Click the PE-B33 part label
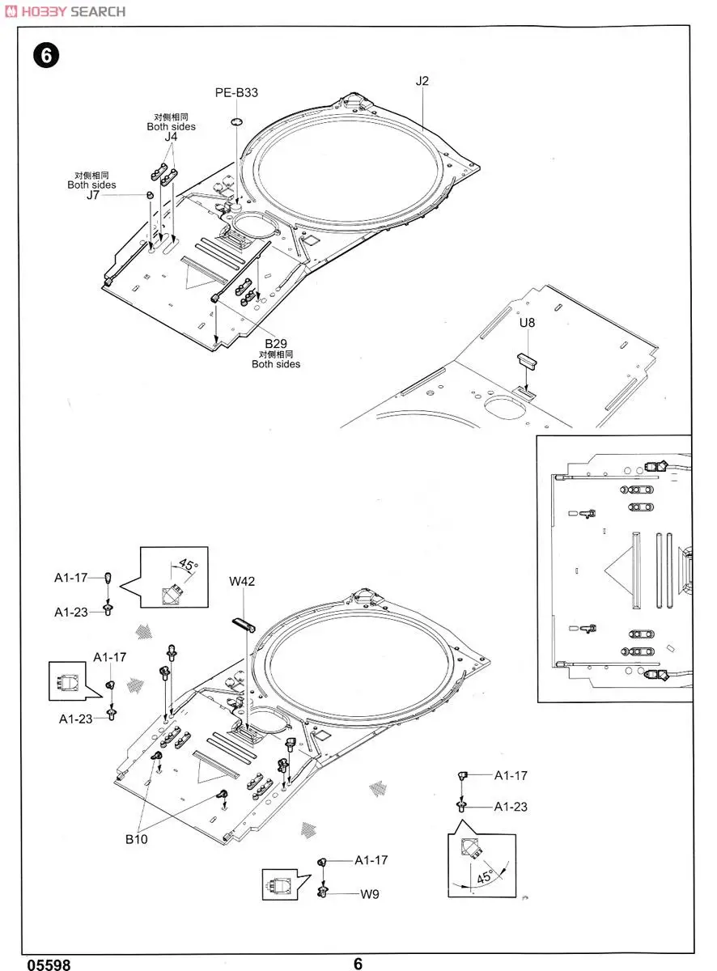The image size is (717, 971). click(236, 92)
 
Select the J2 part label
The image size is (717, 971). click(422, 81)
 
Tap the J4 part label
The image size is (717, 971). click(171, 137)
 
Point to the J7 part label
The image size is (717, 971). click(94, 195)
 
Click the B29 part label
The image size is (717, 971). click(275, 342)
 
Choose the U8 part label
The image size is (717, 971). click(528, 322)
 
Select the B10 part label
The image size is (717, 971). click(136, 839)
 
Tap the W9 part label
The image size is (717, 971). click(369, 894)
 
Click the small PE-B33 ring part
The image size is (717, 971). click(236, 121)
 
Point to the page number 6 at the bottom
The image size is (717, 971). click(358, 963)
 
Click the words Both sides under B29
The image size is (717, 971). click(275, 364)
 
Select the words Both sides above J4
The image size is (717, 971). click(171, 126)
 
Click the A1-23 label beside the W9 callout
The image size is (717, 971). click(511, 807)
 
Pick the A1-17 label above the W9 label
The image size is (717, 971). click(371, 860)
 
